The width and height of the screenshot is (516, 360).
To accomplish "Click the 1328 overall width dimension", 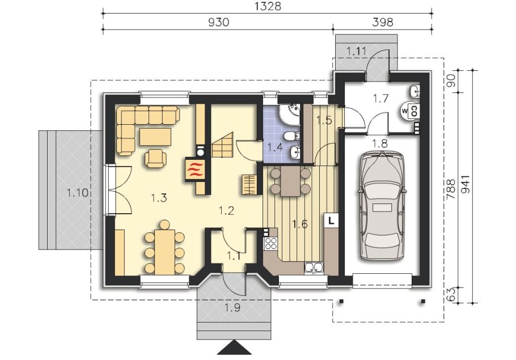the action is (268, 6).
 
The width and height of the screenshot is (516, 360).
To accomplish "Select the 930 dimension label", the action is (218, 22).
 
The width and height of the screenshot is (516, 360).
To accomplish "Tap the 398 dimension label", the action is (383, 22).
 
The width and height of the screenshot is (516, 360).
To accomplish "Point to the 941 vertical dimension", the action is (466, 187).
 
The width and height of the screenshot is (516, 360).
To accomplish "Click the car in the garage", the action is (382, 205).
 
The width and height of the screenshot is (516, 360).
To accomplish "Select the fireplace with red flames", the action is (195, 170).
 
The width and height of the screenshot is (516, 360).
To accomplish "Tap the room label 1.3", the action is (159, 198).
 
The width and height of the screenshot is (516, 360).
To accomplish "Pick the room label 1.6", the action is (300, 225).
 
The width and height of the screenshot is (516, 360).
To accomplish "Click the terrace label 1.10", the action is (78, 193).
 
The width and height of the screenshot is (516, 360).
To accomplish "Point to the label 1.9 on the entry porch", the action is (232, 308).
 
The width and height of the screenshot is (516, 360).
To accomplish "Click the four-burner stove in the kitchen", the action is (271, 244).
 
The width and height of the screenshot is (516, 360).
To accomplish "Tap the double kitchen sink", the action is (314, 268).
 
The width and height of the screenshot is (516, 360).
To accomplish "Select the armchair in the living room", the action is (155, 158).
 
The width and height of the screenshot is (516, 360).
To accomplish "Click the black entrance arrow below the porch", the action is (234, 348).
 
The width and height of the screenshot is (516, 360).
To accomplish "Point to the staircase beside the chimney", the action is (222, 145).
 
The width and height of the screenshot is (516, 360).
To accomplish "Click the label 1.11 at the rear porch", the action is (357, 51).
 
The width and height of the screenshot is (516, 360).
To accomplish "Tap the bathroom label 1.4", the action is (275, 147).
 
